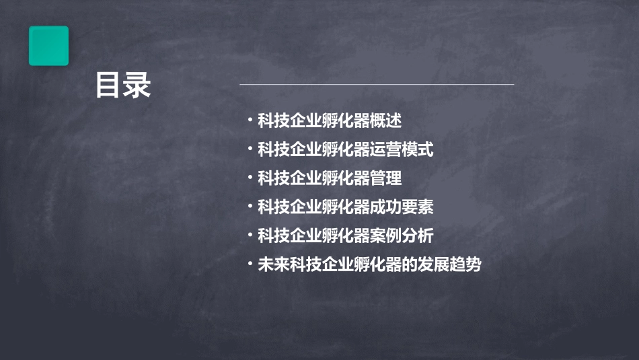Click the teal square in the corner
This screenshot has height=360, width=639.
48,46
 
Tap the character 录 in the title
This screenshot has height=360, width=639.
138,85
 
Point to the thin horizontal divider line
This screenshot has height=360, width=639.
377,84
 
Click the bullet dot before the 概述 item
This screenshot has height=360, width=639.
250,121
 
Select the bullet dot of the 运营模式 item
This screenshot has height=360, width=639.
250,149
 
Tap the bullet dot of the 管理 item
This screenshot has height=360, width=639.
250,178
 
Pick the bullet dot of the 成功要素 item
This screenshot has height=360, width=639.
250,207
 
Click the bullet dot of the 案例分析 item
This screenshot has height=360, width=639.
250,236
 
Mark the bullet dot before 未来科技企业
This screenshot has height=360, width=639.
250,264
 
